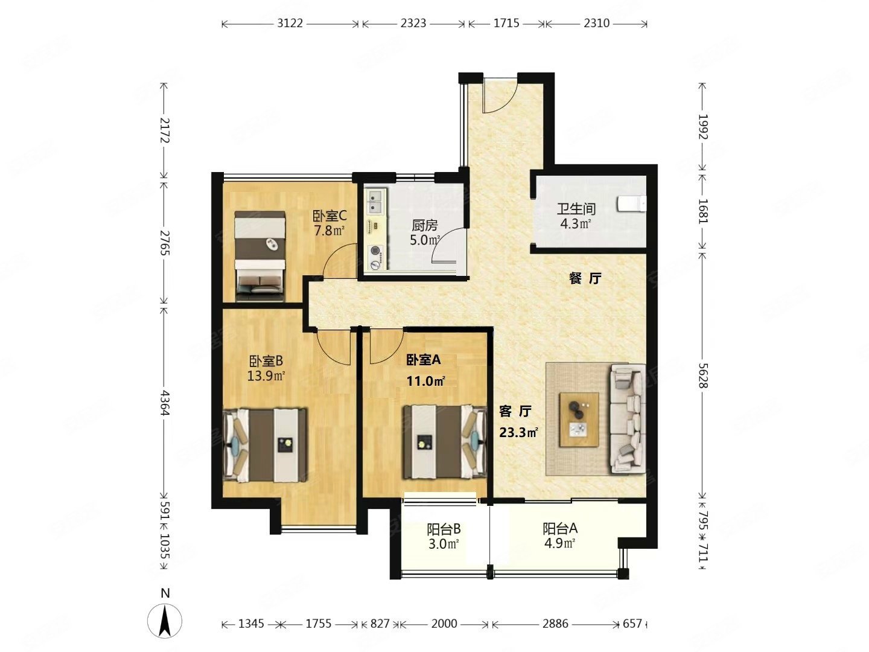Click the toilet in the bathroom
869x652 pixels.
pyautogui.click(x=631, y=204)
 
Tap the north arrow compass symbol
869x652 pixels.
pyautogui.click(x=165, y=621)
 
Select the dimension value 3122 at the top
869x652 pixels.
pyautogui.click(x=290, y=24)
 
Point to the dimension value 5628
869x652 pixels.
pyautogui.click(x=703, y=376)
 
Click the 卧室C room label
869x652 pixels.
pyautogui.click(x=329, y=216)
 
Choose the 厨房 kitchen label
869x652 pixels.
pyautogui.click(x=424, y=225)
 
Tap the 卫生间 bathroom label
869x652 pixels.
pyautogui.click(x=576, y=209)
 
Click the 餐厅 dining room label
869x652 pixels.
pyautogui.click(x=585, y=279)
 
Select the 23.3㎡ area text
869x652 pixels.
pyautogui.click(x=518, y=432)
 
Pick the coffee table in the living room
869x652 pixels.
pyautogui.click(x=579, y=420)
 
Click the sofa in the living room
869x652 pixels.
pyautogui.click(x=628, y=419)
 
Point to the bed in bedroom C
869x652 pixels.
pyautogui.click(x=259, y=256)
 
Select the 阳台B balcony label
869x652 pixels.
pyautogui.click(x=444, y=529)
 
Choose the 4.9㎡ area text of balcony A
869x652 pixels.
pyautogui.click(x=559, y=543)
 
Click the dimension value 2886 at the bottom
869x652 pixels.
pyautogui.click(x=555, y=624)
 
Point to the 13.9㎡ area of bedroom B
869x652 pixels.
pyautogui.click(x=266, y=376)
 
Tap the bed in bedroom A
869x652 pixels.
pyautogui.click(x=445, y=442)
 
